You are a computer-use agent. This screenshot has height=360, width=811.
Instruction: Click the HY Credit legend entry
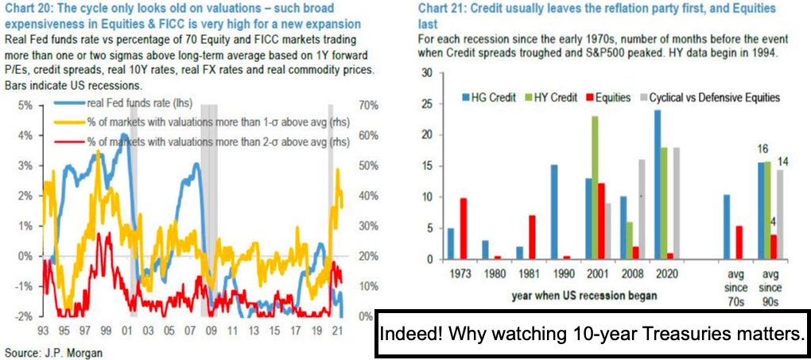pos(544,97)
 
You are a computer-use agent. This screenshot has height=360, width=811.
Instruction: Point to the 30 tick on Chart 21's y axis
pos(425,72)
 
